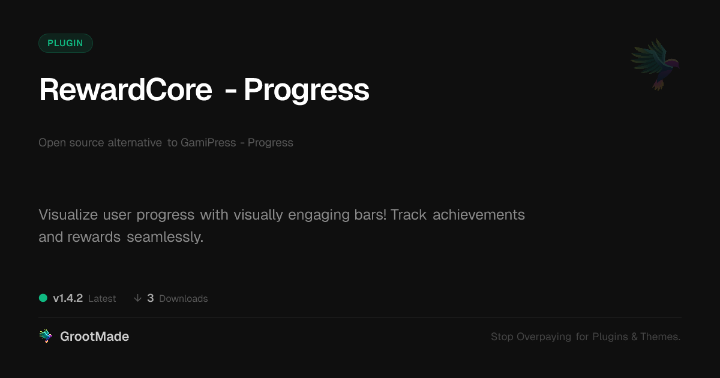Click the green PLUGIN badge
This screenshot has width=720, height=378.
[x=65, y=43]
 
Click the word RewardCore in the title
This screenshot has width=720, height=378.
[x=125, y=89]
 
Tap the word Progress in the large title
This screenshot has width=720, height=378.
[x=307, y=91]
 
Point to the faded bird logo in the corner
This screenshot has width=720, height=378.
[x=655, y=65]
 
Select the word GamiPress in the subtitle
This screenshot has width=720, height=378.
[x=208, y=142]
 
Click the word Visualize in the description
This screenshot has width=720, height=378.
[x=68, y=214]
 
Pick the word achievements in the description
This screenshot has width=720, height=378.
[x=479, y=215]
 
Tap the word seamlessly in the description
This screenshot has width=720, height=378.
[x=165, y=237]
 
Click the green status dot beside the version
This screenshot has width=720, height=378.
[x=43, y=298]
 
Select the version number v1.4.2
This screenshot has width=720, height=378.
[x=68, y=298]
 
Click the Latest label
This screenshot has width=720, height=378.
[x=102, y=299]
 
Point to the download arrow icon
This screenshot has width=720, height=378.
[x=137, y=298]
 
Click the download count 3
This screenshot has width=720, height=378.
[x=151, y=298]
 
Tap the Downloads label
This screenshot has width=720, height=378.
[x=184, y=299]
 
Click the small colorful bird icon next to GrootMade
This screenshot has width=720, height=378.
[x=46, y=336]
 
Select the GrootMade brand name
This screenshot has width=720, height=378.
[x=95, y=337]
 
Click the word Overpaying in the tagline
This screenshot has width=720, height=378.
[x=544, y=337]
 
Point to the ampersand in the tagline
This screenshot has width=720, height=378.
[x=635, y=337]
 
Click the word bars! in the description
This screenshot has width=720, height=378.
[x=370, y=214]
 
